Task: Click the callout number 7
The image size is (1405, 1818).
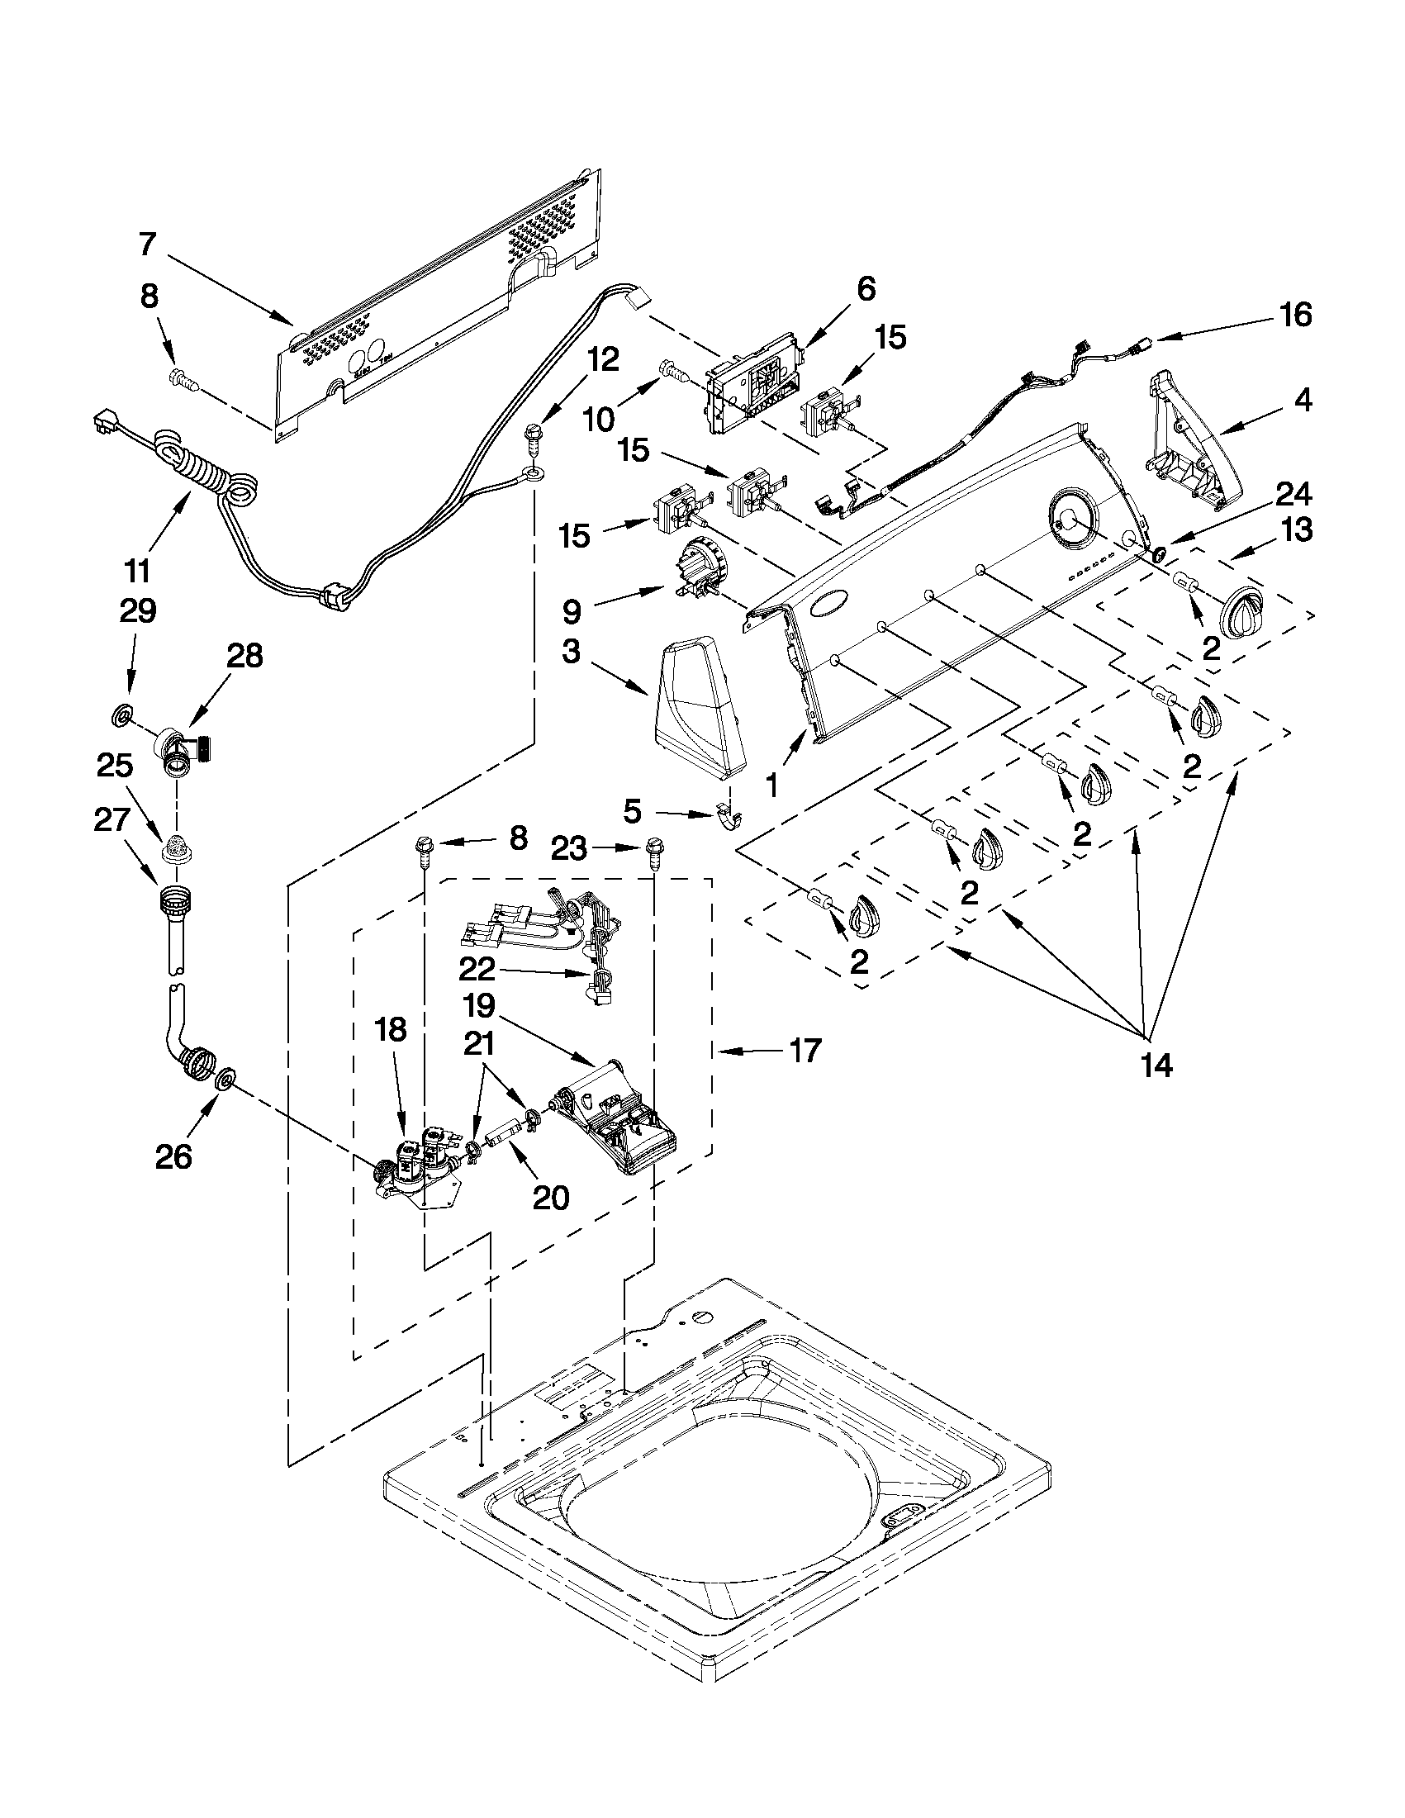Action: click(146, 244)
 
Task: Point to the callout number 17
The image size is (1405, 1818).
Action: click(805, 1051)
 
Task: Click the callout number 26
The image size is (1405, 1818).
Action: click(173, 1156)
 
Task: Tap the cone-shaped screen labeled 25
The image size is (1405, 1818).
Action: click(176, 848)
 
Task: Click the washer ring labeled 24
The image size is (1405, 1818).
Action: click(1157, 553)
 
